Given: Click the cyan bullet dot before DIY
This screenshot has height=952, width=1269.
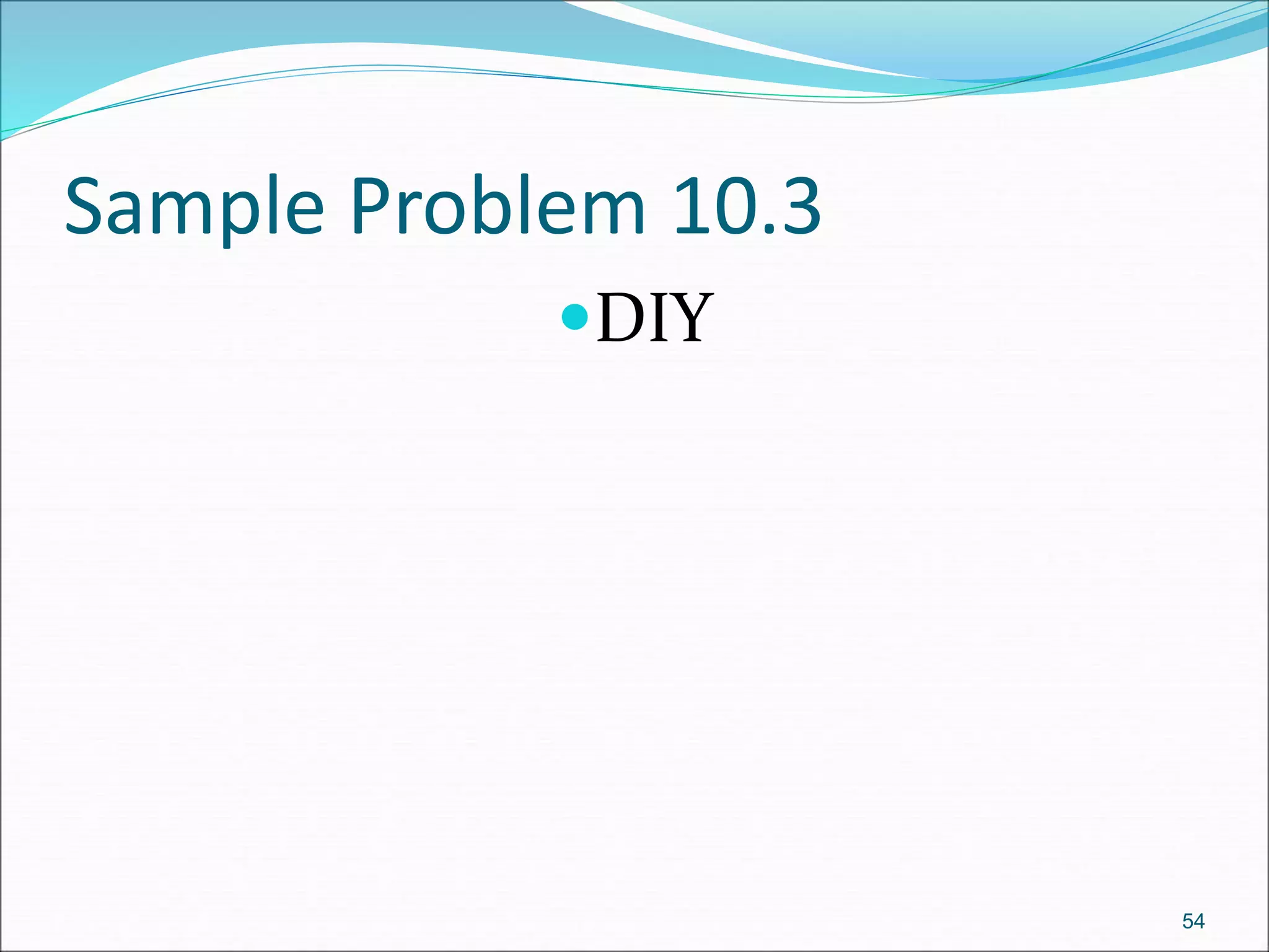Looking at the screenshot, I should (574, 317).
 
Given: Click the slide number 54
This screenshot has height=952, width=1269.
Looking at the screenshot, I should (1193, 921).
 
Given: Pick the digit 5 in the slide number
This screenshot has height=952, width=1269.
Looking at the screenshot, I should (1187, 921).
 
